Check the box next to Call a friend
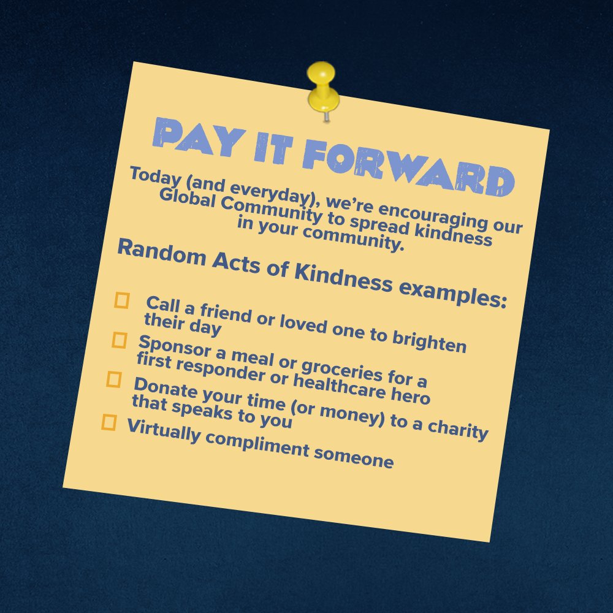tap(122, 300)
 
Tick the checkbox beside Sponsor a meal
tap(119, 340)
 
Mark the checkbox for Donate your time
tap(114, 379)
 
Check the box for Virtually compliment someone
tap(109, 422)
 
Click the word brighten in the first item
tap(434, 341)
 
